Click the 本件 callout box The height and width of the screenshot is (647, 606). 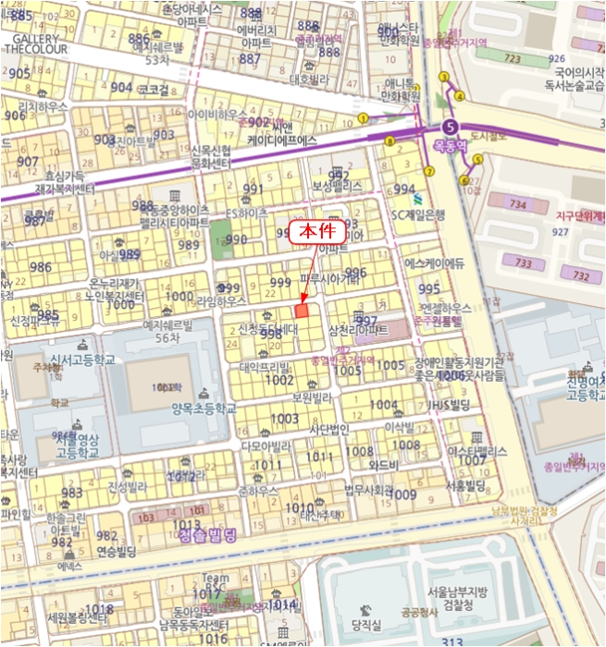(x=317, y=234)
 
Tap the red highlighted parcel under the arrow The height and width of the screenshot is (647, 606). (x=300, y=312)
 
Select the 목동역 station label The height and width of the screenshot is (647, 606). (x=452, y=145)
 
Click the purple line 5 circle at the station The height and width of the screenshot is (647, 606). (x=451, y=127)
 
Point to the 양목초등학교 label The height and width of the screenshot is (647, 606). (x=198, y=408)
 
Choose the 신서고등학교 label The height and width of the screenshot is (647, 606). (x=82, y=360)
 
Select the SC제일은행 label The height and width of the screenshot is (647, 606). (x=419, y=214)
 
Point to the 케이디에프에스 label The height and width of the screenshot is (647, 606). (x=282, y=140)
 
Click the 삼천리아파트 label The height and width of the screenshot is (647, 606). (x=357, y=330)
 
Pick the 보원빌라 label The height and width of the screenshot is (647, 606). (x=312, y=397)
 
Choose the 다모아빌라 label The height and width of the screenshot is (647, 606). (x=266, y=446)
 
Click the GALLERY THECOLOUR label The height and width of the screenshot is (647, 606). (x=36, y=44)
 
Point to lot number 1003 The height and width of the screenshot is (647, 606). (x=285, y=419)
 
